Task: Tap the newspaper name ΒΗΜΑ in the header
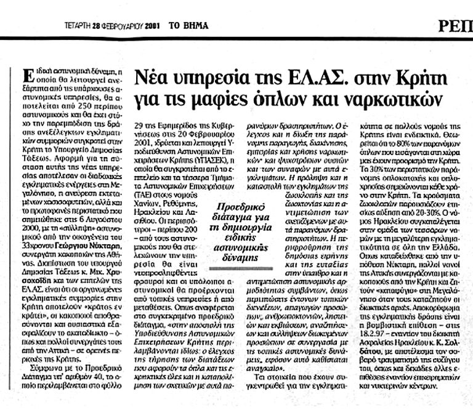[195, 26]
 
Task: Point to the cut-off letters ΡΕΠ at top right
[456, 26]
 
